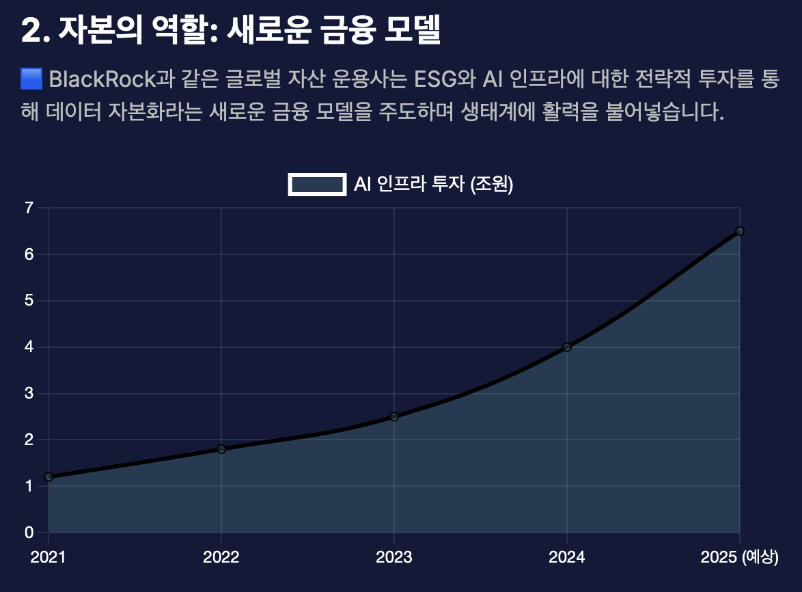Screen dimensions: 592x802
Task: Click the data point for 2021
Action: click(49, 477)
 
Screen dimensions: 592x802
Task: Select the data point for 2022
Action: click(221, 449)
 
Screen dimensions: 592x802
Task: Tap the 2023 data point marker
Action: click(394, 416)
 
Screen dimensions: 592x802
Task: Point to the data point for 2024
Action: click(567, 347)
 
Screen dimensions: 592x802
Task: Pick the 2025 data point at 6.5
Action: click(740, 231)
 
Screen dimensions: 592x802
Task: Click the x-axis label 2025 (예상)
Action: click(740, 558)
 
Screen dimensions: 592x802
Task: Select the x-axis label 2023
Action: click(394, 558)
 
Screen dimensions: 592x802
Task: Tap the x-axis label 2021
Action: click(49, 558)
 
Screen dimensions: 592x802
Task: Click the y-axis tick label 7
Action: click(29, 208)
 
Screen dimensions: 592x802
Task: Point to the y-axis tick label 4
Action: click(29, 347)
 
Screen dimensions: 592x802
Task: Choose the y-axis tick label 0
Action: click(29, 533)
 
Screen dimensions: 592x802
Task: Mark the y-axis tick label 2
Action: click(29, 440)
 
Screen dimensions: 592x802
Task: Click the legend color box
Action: click(317, 185)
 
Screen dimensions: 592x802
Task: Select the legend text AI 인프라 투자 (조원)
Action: click(433, 185)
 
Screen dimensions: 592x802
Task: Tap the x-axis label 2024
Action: click(567, 558)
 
